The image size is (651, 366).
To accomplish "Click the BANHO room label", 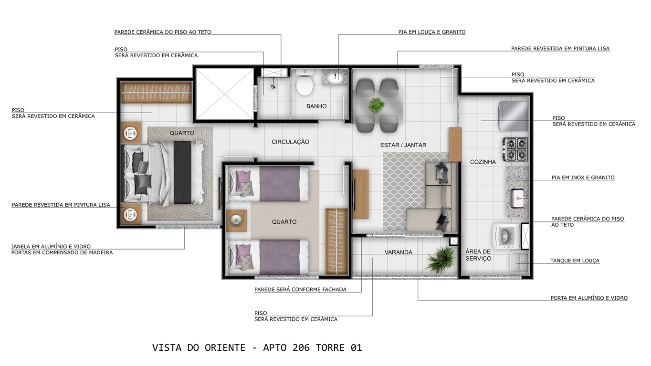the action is [316, 106].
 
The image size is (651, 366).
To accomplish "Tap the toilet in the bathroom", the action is [304, 83].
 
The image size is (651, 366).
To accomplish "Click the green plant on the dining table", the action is [377, 105].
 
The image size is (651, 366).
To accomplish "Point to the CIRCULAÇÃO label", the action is [290, 142].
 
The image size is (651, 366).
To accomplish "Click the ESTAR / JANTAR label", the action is [403, 145].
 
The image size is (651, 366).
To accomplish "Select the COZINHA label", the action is [483, 162].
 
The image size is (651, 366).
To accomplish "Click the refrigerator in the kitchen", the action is [513, 116].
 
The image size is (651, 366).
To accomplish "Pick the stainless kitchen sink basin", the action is [518, 199].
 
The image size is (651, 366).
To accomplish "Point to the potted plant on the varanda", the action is [441, 260].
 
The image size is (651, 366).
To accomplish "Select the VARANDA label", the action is [398, 252].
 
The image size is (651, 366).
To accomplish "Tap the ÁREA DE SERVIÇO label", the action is [478, 255].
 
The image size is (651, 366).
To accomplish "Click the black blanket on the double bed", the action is [182, 173].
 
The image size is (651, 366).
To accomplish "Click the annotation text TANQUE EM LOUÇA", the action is [575, 261].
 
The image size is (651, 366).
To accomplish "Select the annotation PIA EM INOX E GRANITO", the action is [583, 178].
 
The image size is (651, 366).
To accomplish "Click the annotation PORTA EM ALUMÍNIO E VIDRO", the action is [589, 298].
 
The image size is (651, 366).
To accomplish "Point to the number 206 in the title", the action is [301, 347].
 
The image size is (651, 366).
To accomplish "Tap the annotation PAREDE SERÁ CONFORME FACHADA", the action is [300, 289].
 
